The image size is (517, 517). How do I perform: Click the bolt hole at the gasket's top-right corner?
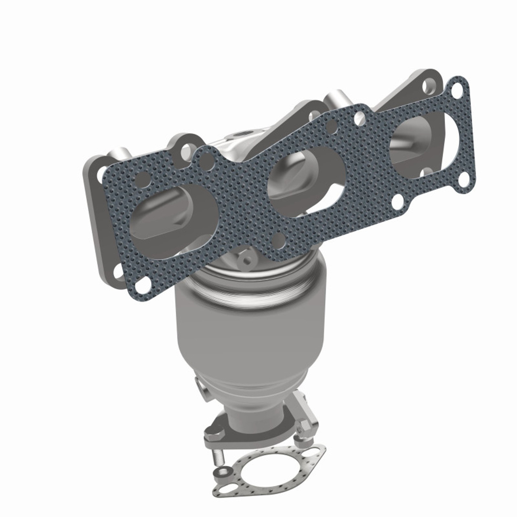[x=457, y=90]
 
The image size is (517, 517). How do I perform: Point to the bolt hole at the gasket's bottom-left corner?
[x=140, y=286]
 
